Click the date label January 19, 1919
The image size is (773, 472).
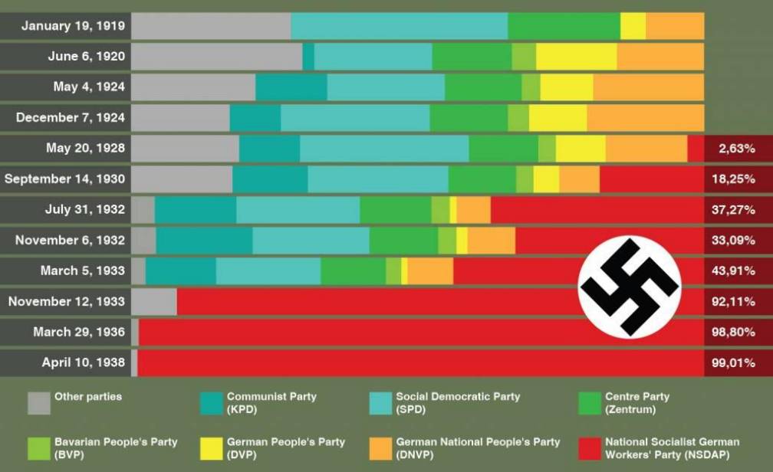pyautogui.click(x=72, y=26)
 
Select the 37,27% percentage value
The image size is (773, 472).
pyautogui.click(x=733, y=210)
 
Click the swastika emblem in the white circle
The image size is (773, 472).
pyautogui.click(x=630, y=286)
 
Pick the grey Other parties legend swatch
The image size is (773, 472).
pyautogui.click(x=39, y=403)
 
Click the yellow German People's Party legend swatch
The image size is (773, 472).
pyautogui.click(x=211, y=448)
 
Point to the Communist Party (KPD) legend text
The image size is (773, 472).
pyautogui.click(x=271, y=403)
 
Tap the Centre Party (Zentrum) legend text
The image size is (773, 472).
pyautogui.click(x=636, y=403)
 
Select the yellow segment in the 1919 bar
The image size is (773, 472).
pyautogui.click(x=633, y=26)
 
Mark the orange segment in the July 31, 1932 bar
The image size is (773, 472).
pyautogui.click(x=473, y=210)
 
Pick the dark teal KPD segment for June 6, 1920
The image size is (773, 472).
pyautogui.click(x=308, y=57)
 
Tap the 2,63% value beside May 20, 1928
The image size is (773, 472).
pyautogui.click(x=736, y=149)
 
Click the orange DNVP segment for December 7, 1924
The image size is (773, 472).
pyautogui.click(x=645, y=118)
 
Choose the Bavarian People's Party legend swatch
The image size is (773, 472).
pyautogui.click(x=39, y=448)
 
